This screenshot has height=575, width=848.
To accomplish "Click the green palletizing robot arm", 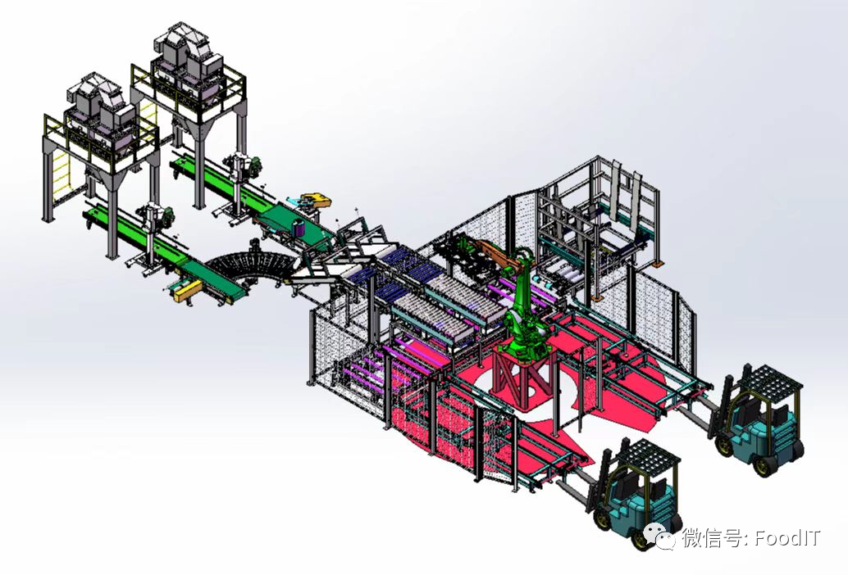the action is coord(522,313).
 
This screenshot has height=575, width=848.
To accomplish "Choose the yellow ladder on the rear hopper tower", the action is coord(148,116).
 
